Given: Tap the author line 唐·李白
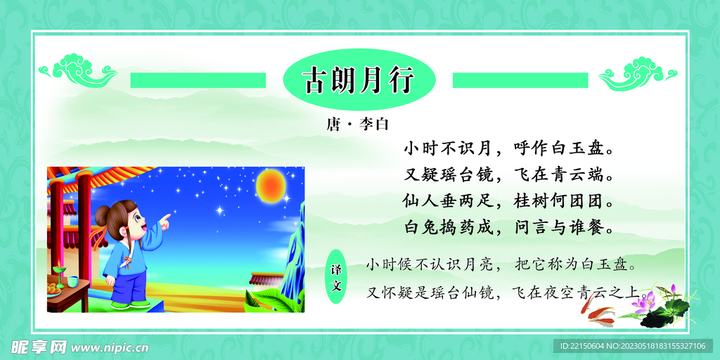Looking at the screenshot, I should pyautogui.click(x=357, y=125).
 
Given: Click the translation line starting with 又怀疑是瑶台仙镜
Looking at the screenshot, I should pyautogui.click(x=503, y=292).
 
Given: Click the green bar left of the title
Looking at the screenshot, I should pyautogui.click(x=198, y=80).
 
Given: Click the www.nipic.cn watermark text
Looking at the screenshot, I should pyautogui.click(x=110, y=347).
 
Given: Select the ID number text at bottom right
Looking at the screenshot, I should pyautogui.click(x=633, y=347).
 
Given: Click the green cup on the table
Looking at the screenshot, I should pyautogui.click(x=72, y=282).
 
